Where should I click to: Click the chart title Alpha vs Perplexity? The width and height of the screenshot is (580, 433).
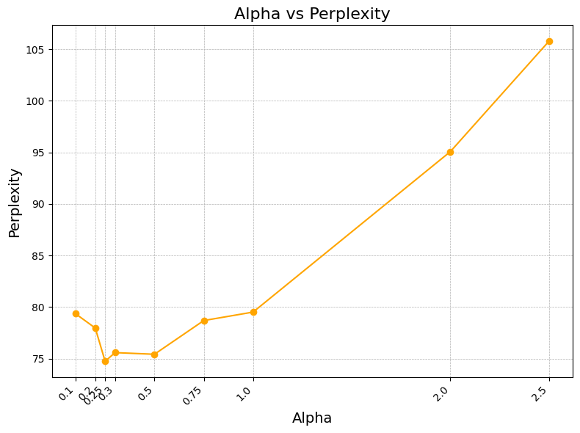pos(312,14)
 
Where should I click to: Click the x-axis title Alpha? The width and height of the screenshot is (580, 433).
pos(312,418)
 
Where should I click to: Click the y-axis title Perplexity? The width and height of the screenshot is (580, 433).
pos(15,203)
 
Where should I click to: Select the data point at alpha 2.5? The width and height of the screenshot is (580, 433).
pos(549,41)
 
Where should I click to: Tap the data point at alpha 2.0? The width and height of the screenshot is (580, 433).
pos(450,152)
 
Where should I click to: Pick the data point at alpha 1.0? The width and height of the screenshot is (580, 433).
pos(253,312)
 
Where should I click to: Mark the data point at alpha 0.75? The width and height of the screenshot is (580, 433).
pos(204,321)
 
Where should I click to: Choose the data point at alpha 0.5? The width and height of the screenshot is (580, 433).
pos(154,354)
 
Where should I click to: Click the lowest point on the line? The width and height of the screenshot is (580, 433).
pos(105,361)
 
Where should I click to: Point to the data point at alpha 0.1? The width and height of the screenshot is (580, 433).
pos(76,313)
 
